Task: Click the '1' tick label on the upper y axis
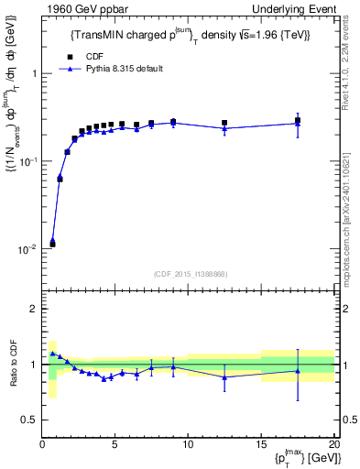(34, 73)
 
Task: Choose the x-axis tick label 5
(115, 445)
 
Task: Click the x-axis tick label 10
(188, 445)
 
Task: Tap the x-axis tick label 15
(261, 445)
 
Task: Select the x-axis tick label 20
(333, 445)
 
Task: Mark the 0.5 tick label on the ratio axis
(28, 420)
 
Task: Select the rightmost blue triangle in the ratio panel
(298, 370)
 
